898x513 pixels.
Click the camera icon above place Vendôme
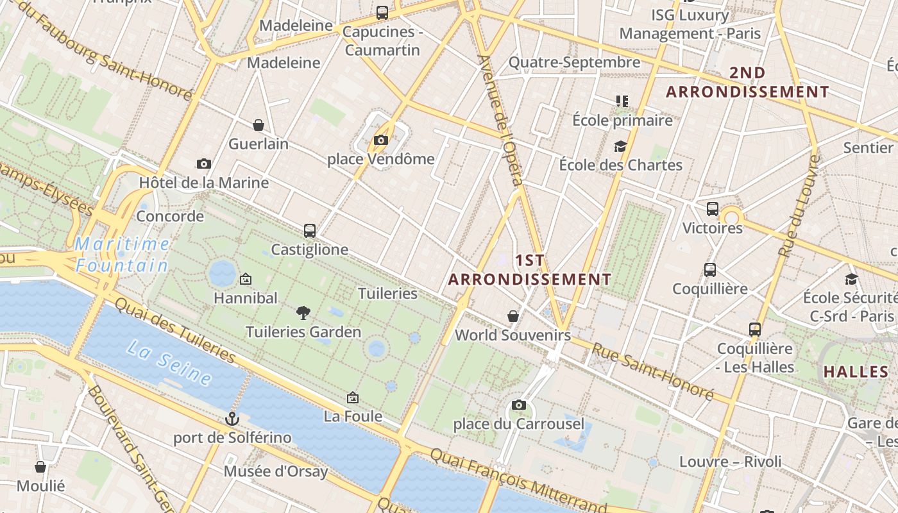click(381, 140)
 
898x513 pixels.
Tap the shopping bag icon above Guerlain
click(258, 125)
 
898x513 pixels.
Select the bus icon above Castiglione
click(310, 231)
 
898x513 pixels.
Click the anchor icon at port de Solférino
click(232, 419)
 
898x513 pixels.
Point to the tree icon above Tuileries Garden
click(303, 313)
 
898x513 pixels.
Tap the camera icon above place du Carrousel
click(519, 405)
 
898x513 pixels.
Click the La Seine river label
click(169, 364)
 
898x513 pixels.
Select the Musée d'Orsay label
click(275, 472)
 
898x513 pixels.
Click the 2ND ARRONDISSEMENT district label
click(747, 83)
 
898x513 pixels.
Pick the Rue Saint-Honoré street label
click(652, 372)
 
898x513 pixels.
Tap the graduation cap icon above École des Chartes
click(620, 147)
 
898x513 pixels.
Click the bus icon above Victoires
click(713, 209)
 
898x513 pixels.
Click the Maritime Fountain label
click(122, 255)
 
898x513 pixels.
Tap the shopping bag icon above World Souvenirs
click(513, 316)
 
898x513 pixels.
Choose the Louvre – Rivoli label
click(730, 462)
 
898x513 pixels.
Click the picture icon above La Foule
click(352, 398)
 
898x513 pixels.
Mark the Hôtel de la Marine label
click(204, 183)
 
